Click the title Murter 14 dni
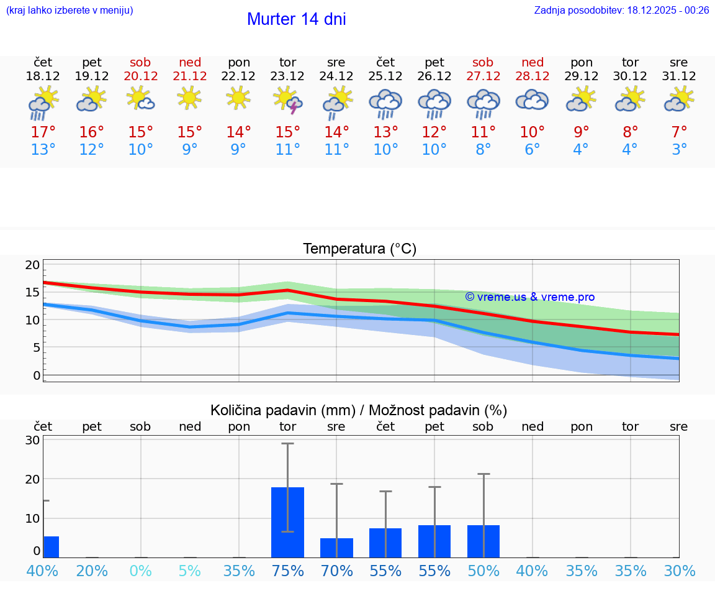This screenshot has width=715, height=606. tap(296, 19)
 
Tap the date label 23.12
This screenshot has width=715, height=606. tap(287, 76)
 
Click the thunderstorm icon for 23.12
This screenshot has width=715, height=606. tap(287, 101)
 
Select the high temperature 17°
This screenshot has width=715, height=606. tap(43, 132)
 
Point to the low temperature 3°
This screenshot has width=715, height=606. tap(679, 150)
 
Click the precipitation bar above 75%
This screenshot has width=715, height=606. tap(287, 522)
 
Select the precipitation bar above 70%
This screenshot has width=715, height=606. tap(336, 548)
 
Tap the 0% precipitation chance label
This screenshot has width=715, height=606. tap(141, 571)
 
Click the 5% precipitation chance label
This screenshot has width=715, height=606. tap(190, 571)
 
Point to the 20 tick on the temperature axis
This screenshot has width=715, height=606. tap(32, 265)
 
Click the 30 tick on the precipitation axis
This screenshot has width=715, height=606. tap(32, 440)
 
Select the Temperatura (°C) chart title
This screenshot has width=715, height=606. tap(359, 249)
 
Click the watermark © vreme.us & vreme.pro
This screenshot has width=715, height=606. tap(529, 297)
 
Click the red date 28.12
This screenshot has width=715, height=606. tap(532, 76)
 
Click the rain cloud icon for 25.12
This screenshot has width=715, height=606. tap(385, 104)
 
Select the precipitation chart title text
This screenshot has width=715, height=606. tap(359, 410)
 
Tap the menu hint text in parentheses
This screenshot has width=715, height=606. tap(69, 11)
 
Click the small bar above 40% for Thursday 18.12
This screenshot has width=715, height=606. tap(51, 547)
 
